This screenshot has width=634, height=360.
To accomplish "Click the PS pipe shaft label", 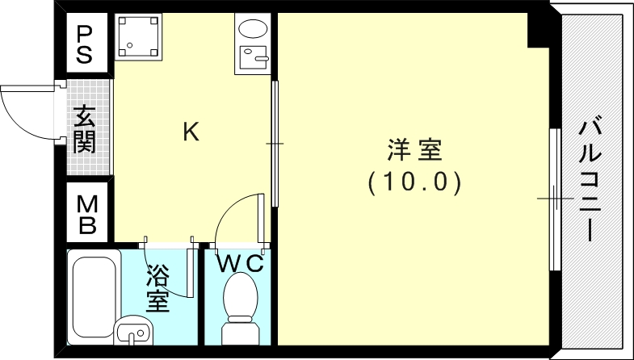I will point(85,44).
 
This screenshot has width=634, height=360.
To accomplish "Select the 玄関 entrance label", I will point(85,130).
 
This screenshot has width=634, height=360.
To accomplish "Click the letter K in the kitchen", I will point(191,131).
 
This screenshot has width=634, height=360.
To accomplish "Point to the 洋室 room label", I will point(414,149).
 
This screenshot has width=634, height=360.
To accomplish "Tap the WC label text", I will point(240,263).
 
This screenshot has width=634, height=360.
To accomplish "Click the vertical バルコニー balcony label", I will point(591,180).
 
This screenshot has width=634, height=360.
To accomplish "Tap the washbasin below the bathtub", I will point(133,331).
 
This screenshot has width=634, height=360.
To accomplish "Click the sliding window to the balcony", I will point(554,198).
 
